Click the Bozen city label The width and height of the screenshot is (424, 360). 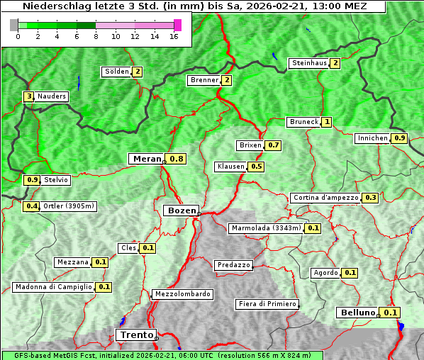tap(180, 210)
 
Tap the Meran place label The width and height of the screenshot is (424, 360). tap(146, 159)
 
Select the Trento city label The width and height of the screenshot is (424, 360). tap(135, 335)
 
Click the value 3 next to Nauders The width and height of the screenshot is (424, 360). tap(29, 96)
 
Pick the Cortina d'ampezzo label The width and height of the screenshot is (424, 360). tap(325, 198)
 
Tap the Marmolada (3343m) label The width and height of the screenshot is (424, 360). tap(266, 228)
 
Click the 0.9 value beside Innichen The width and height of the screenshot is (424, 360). tap(400, 138)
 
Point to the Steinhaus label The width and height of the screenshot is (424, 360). tap(309, 63)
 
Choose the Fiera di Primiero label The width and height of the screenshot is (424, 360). tap(267, 304)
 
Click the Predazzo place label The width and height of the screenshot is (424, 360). tap(233, 265)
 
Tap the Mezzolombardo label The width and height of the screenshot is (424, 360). tap(182, 294)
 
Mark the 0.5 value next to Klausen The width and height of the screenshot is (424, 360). tap(257, 167)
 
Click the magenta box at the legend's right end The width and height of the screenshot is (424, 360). tap(177, 25)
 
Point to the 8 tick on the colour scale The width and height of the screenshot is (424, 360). tap(96, 35)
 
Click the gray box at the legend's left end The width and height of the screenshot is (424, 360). tap(13, 25)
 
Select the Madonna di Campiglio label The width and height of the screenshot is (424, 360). tap(53, 287)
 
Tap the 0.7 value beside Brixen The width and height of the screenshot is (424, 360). tap(274, 145)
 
